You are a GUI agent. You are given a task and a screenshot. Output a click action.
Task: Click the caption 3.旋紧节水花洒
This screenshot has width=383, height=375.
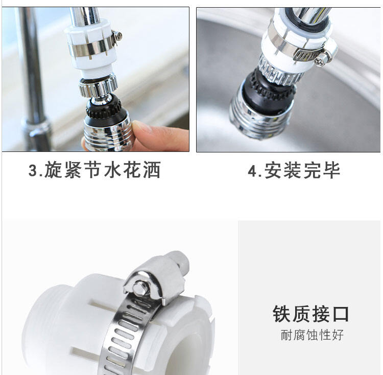pos(94,170)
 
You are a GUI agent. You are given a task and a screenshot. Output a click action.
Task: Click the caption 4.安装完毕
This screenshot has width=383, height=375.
pos(294,170)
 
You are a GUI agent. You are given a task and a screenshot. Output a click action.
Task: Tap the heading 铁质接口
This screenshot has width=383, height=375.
pos(310,314)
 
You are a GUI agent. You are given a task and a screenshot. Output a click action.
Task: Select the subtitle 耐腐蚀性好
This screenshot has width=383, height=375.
pos(312,335)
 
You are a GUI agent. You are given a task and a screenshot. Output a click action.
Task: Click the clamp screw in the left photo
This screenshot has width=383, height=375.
pos(118,36)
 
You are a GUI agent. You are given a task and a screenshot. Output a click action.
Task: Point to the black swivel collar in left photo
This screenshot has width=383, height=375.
pos(104,107)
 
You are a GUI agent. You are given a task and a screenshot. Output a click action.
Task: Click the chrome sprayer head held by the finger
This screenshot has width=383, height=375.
pos(109,134)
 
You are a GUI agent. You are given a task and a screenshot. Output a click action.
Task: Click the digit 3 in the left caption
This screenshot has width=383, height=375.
pos(33,170)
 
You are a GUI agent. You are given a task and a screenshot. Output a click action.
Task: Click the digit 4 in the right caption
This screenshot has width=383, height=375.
pos(252,170)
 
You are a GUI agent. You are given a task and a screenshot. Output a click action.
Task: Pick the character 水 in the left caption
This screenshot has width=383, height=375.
pos(113,170)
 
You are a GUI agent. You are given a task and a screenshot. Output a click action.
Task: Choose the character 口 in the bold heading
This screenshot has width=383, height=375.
pos(341,314)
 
